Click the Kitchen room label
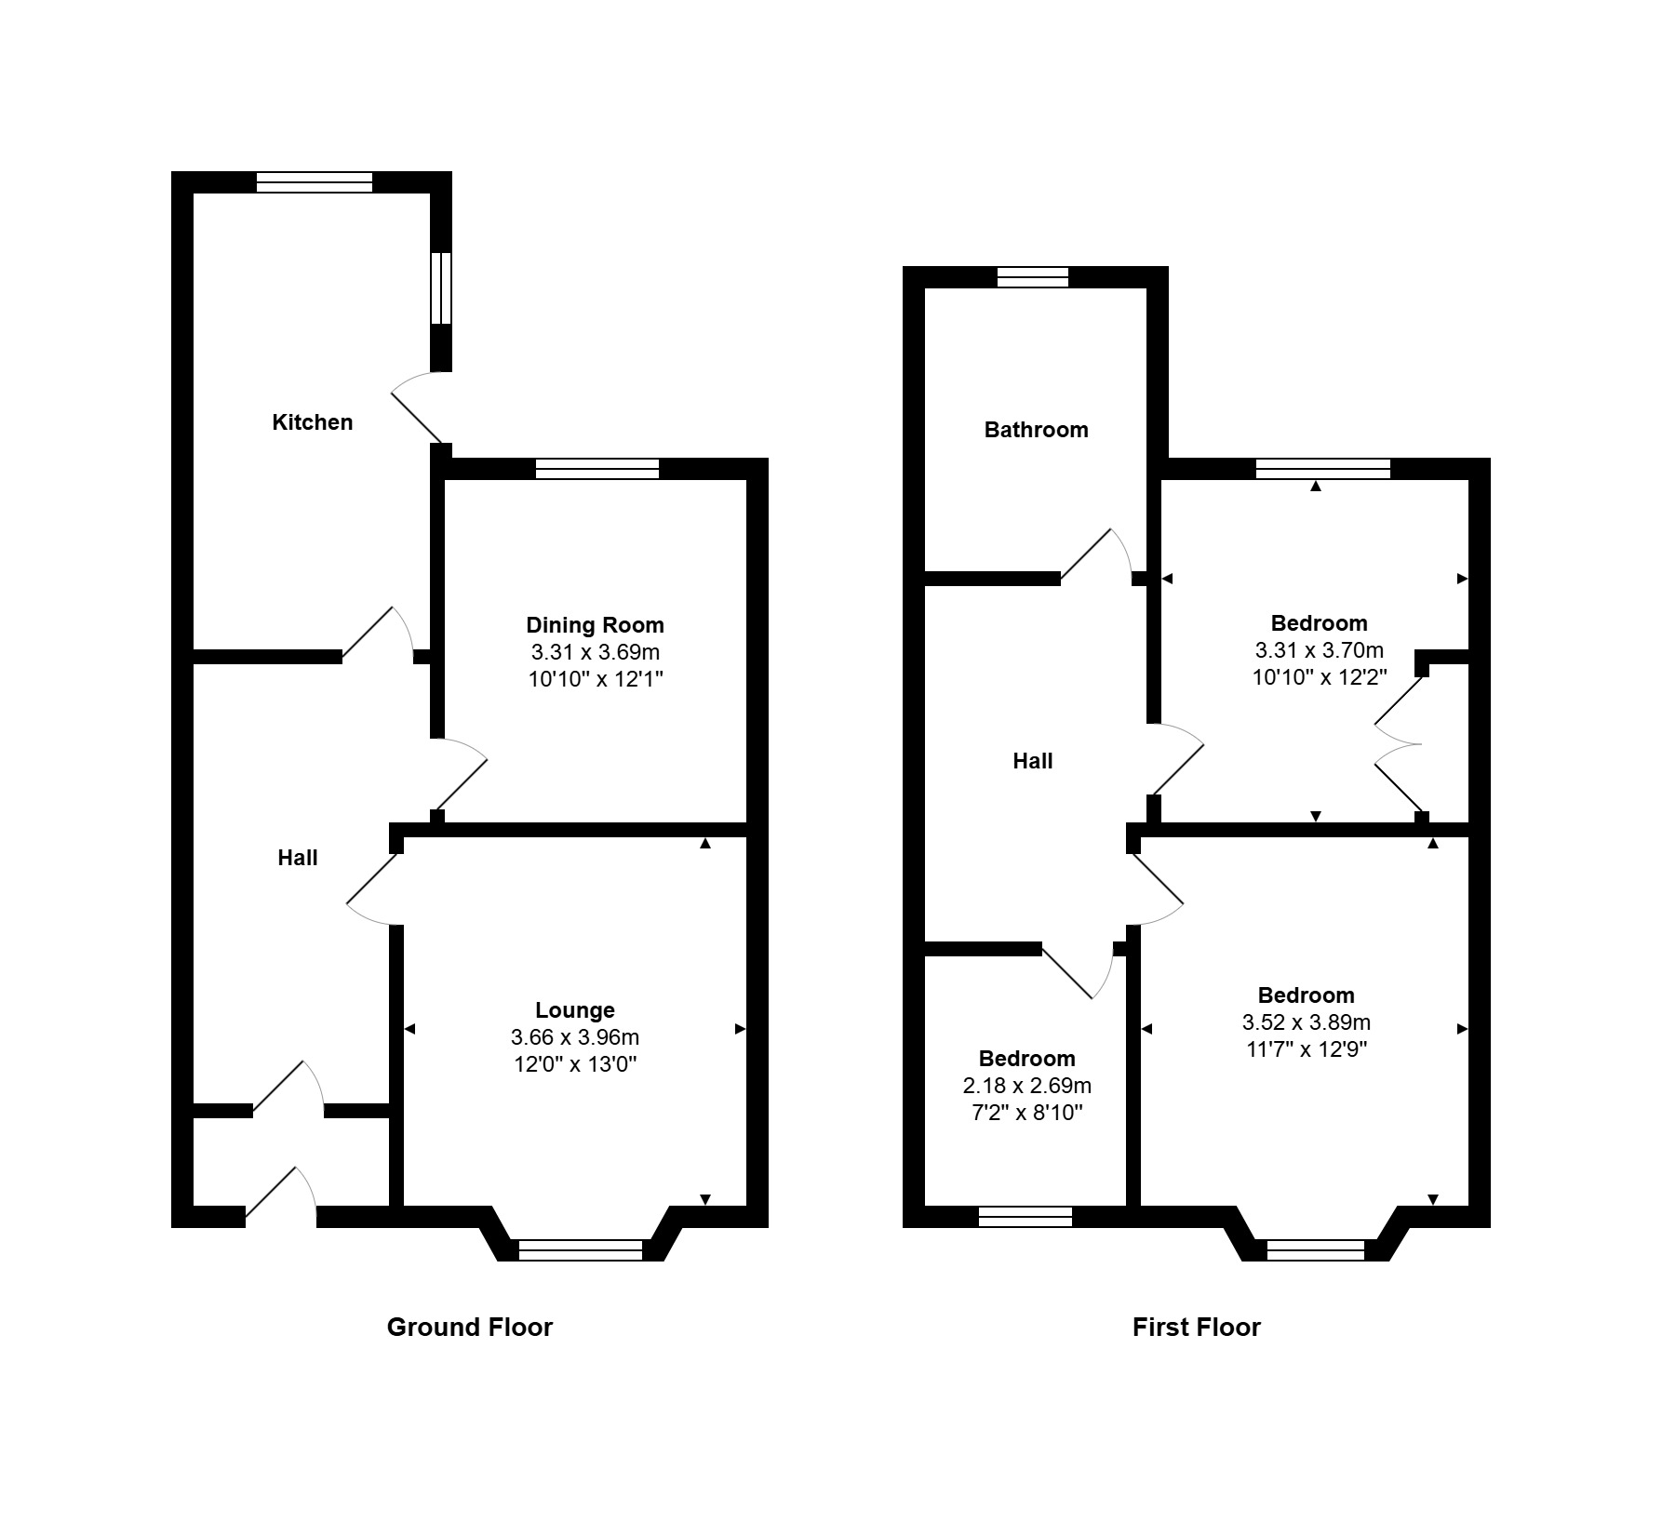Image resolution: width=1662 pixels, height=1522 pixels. pos(312,422)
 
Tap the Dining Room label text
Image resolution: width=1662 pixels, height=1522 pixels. pos(596,625)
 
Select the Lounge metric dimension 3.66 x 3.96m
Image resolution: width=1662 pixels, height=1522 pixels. pos(575,1036)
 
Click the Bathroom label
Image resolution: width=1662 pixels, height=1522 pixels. pos(1036,430)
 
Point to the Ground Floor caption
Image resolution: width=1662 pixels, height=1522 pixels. pos(470,1327)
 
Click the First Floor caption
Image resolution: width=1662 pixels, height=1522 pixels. pos(1197,1327)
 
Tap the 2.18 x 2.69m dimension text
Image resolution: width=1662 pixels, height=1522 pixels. pos(1027,1086)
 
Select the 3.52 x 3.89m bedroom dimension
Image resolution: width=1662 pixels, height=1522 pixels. pos(1307,1022)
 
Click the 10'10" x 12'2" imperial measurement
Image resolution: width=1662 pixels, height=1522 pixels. pos(1320,677)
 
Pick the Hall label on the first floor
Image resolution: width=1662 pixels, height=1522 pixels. pos(1033,761)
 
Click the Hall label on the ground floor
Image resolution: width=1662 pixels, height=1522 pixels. pos(298,858)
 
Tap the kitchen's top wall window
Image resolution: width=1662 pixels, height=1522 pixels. pos(315,182)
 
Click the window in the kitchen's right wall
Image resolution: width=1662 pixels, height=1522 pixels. pos(441,287)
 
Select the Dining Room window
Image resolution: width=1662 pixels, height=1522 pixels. pos(597,469)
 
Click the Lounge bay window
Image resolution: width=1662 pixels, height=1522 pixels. pos(581,1250)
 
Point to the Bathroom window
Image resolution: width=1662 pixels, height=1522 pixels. pos(1033,277)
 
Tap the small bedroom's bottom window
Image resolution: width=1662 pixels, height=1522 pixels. pos(1025,1217)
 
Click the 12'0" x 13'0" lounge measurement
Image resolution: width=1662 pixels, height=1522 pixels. pos(575,1063)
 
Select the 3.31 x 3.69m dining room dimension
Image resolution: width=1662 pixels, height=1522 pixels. pos(596,652)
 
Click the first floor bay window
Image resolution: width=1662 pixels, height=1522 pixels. pos(1316,1250)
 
